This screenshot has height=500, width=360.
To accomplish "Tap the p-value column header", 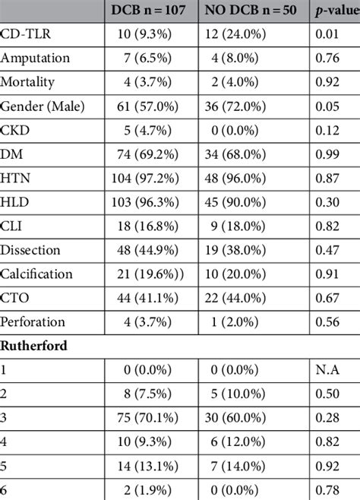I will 336,11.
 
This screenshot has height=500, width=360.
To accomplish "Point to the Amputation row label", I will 36,58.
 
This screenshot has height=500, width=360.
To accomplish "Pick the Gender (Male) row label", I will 43,104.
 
